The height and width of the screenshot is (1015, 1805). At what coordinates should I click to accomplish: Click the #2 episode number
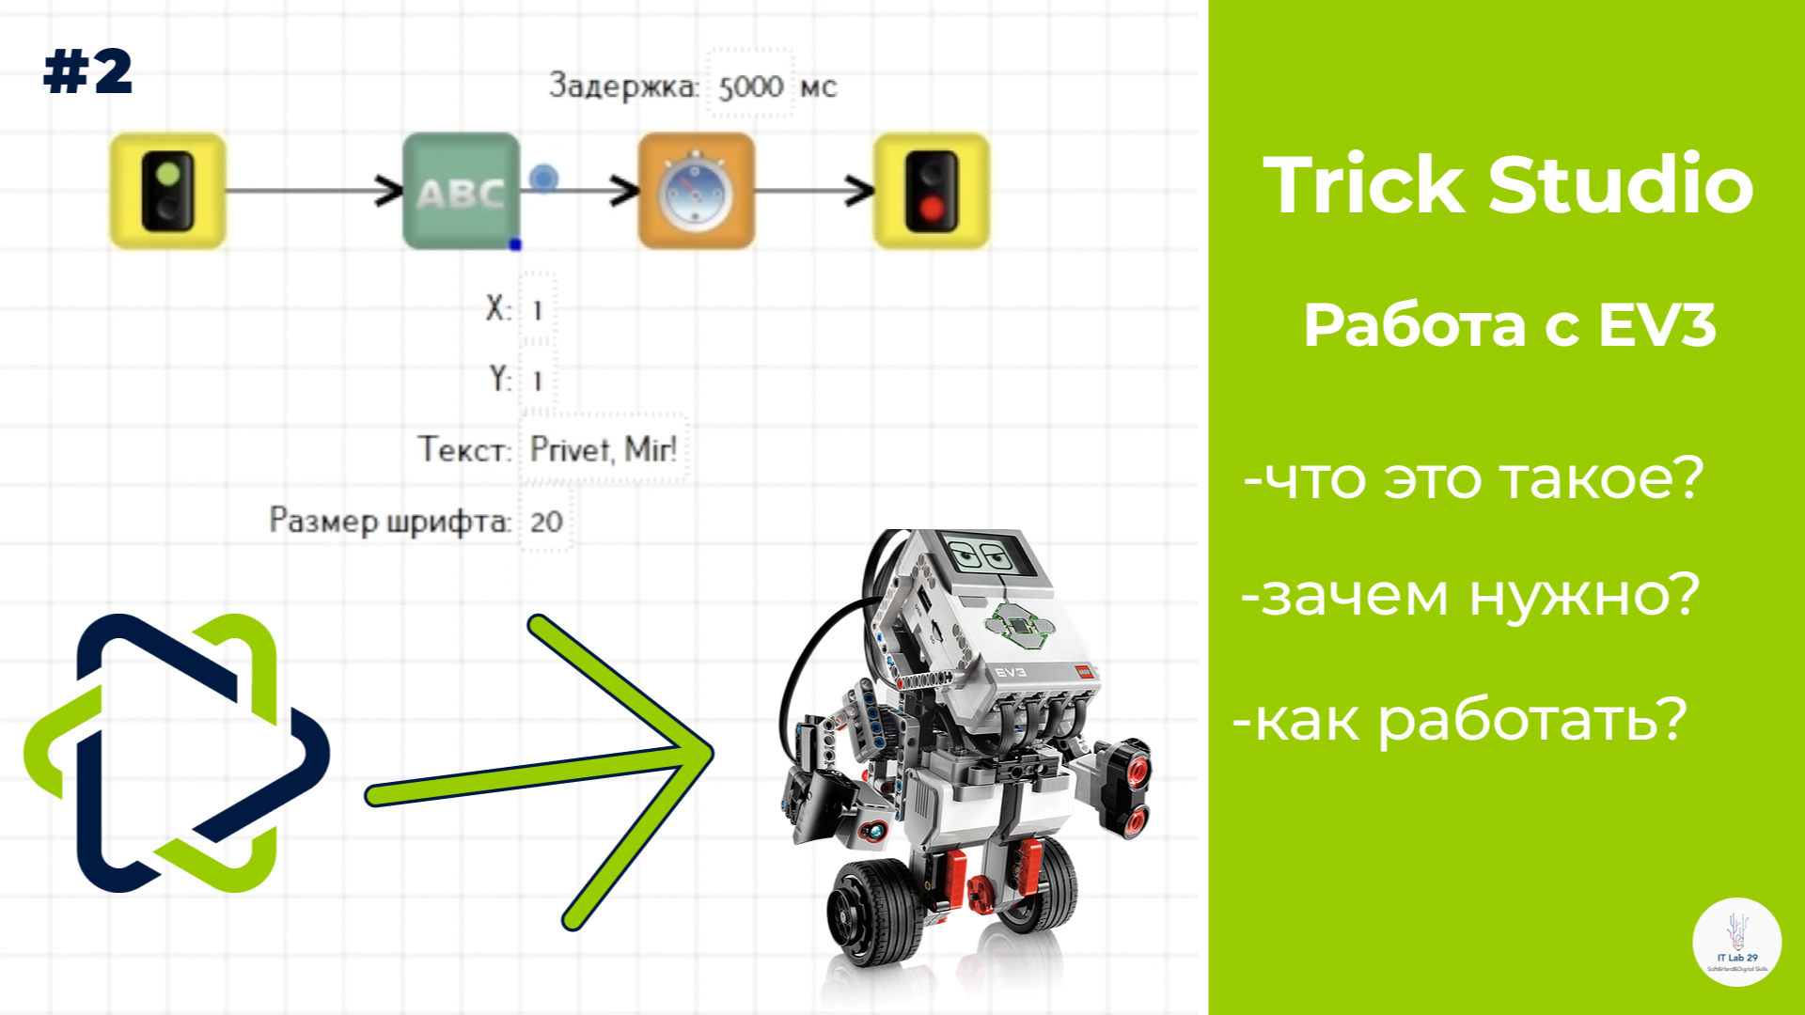pyautogui.click(x=88, y=72)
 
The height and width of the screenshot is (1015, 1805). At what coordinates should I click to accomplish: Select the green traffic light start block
pyautogui.click(x=168, y=192)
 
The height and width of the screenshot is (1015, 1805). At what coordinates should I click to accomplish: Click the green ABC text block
pyautogui.click(x=461, y=192)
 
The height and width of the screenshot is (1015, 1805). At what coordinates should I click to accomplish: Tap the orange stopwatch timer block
pyautogui.click(x=697, y=192)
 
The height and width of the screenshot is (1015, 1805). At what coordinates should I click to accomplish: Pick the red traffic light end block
pyautogui.click(x=932, y=192)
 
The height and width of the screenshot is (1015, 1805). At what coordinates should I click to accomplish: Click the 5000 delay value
pyautogui.click(x=750, y=86)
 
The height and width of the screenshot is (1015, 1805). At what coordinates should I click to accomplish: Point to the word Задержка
pyautogui.click(x=623, y=86)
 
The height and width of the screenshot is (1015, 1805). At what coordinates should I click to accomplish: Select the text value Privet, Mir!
pyautogui.click(x=603, y=449)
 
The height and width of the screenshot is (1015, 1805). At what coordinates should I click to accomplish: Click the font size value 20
pyautogui.click(x=546, y=522)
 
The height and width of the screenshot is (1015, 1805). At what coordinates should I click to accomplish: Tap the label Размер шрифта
pyautogui.click(x=390, y=521)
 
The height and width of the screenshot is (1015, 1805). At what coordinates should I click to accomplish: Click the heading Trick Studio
pyautogui.click(x=1508, y=184)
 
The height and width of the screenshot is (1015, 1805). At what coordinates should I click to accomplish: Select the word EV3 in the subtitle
pyautogui.click(x=1657, y=326)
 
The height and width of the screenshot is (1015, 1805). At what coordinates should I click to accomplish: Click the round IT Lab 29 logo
pyautogui.click(x=1736, y=943)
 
